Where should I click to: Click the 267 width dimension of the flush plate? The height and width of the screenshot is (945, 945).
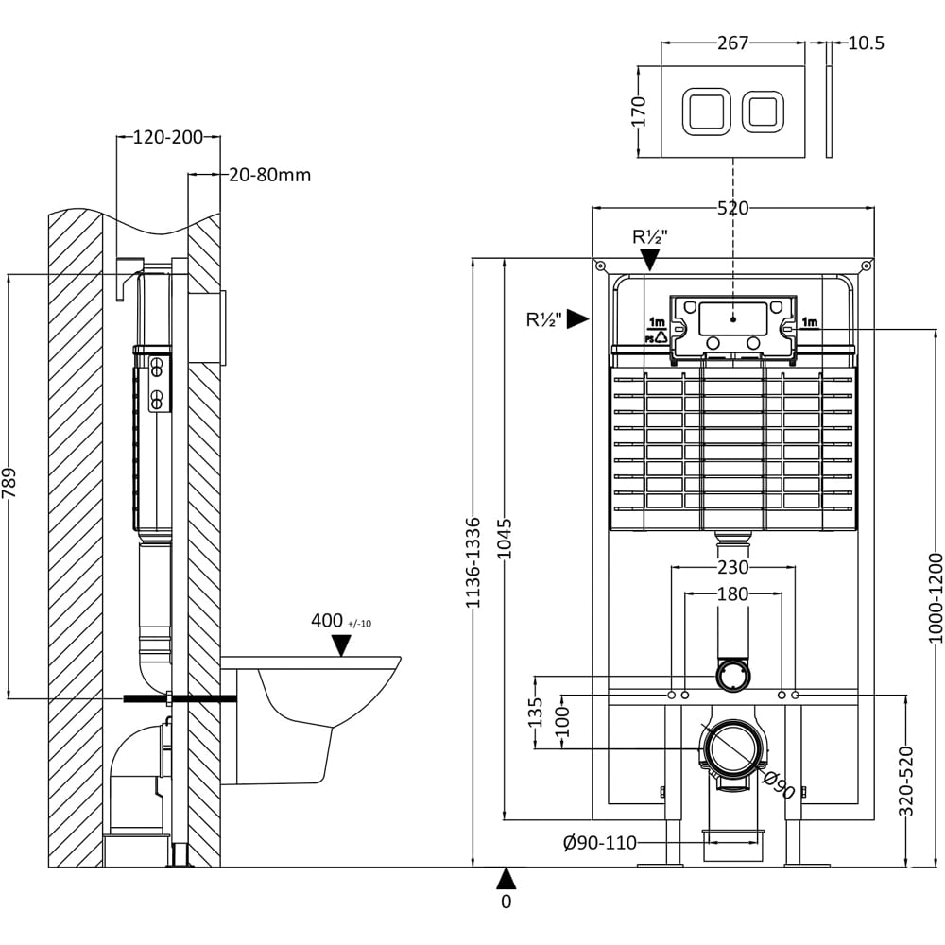733,43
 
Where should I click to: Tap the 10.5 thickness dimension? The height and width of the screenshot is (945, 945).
866,43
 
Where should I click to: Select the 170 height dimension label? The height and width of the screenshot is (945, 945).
640,112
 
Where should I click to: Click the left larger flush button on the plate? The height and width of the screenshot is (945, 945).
706,111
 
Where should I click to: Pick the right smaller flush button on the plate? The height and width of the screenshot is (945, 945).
763,111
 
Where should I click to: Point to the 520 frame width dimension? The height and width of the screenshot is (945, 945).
733,209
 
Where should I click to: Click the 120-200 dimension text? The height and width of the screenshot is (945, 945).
167,137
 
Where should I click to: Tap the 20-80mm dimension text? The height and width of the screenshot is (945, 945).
270,176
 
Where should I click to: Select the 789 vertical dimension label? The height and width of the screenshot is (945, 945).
9,484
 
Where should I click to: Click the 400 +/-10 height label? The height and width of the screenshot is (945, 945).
341,621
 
